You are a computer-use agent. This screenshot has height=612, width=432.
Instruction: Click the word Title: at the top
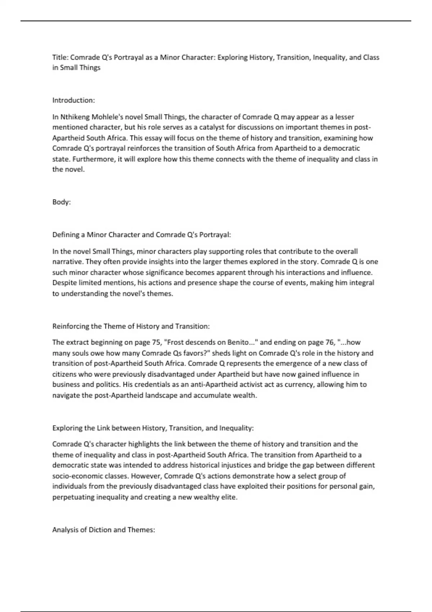pyautogui.click(x=60, y=57)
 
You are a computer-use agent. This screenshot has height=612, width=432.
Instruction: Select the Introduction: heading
pyautogui.click(x=73, y=100)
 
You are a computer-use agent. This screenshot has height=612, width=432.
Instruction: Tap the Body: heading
pyautogui.click(x=62, y=202)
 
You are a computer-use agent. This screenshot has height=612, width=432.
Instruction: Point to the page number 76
pyautogui.click(x=330, y=342)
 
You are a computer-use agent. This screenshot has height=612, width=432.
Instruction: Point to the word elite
pyautogui.click(x=229, y=497)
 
